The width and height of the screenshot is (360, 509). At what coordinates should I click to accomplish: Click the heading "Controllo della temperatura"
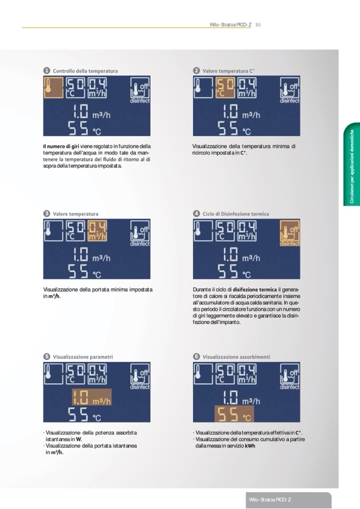click(85, 71)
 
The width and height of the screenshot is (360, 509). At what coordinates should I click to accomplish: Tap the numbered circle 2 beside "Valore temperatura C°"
click(196, 71)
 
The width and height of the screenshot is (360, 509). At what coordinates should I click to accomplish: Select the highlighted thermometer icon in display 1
click(54, 88)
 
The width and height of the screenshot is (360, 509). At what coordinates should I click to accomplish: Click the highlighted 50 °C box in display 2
click(225, 88)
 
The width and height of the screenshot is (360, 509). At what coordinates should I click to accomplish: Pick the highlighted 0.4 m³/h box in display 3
click(97, 230)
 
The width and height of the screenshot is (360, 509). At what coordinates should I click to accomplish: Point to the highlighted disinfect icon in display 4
click(289, 233)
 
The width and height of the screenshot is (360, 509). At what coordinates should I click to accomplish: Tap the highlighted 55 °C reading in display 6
click(234, 414)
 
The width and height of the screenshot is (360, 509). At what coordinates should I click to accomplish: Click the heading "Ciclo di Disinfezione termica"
click(236, 213)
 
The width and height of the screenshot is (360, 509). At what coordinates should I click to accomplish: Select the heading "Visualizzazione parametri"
click(83, 357)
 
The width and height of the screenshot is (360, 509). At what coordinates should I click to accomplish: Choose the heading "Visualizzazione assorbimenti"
click(236, 357)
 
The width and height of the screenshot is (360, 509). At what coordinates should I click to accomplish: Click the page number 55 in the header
click(258, 24)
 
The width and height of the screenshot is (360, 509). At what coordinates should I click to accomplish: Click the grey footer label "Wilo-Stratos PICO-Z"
click(270, 499)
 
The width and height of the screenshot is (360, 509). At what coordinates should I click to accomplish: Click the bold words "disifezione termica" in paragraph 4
click(254, 290)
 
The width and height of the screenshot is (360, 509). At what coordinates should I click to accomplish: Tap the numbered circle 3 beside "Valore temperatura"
click(47, 213)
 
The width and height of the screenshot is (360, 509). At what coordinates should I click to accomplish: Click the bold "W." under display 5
click(79, 439)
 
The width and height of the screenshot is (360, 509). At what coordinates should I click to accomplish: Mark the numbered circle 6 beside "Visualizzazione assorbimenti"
click(196, 357)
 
